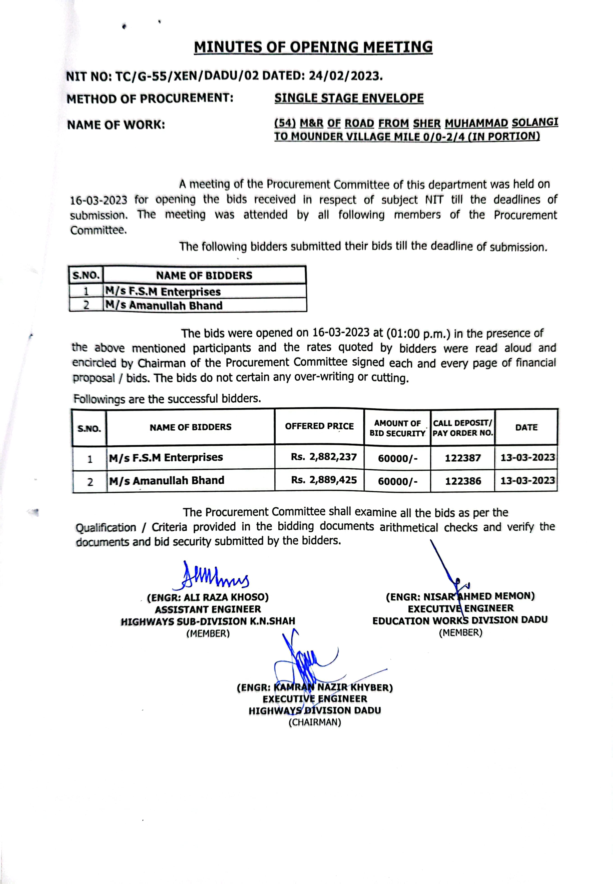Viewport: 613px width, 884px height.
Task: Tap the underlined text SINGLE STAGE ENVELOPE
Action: coord(349,98)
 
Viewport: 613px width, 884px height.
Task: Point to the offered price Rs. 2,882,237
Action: coord(324,457)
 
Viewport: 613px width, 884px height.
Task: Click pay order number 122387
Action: coord(463,458)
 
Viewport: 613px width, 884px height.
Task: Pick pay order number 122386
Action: coord(463,481)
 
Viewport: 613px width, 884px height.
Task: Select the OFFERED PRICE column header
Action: coord(319,426)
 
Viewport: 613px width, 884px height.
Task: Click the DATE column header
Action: coord(526,427)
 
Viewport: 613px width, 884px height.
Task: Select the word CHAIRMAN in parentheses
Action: coord(315,722)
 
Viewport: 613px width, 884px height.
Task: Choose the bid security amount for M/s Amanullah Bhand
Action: coord(397,481)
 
